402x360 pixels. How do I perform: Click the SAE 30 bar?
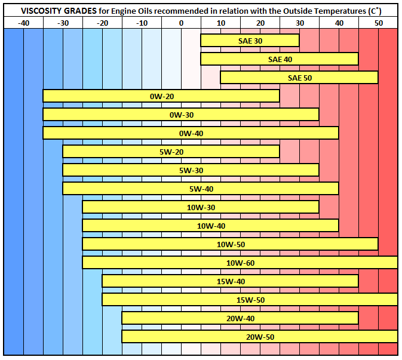[x=250, y=41]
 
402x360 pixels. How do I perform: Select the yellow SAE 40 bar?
[x=280, y=59]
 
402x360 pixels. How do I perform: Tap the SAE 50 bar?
[x=299, y=78]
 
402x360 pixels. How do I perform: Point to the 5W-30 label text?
[x=191, y=170]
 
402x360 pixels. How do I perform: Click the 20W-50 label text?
[x=260, y=337]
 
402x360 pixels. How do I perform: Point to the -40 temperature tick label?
[x=23, y=22]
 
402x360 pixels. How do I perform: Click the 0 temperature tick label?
[x=181, y=22]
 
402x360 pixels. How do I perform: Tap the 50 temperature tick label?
[x=378, y=22]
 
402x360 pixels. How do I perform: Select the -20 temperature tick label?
[x=102, y=22]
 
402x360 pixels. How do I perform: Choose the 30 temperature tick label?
[x=299, y=22]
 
